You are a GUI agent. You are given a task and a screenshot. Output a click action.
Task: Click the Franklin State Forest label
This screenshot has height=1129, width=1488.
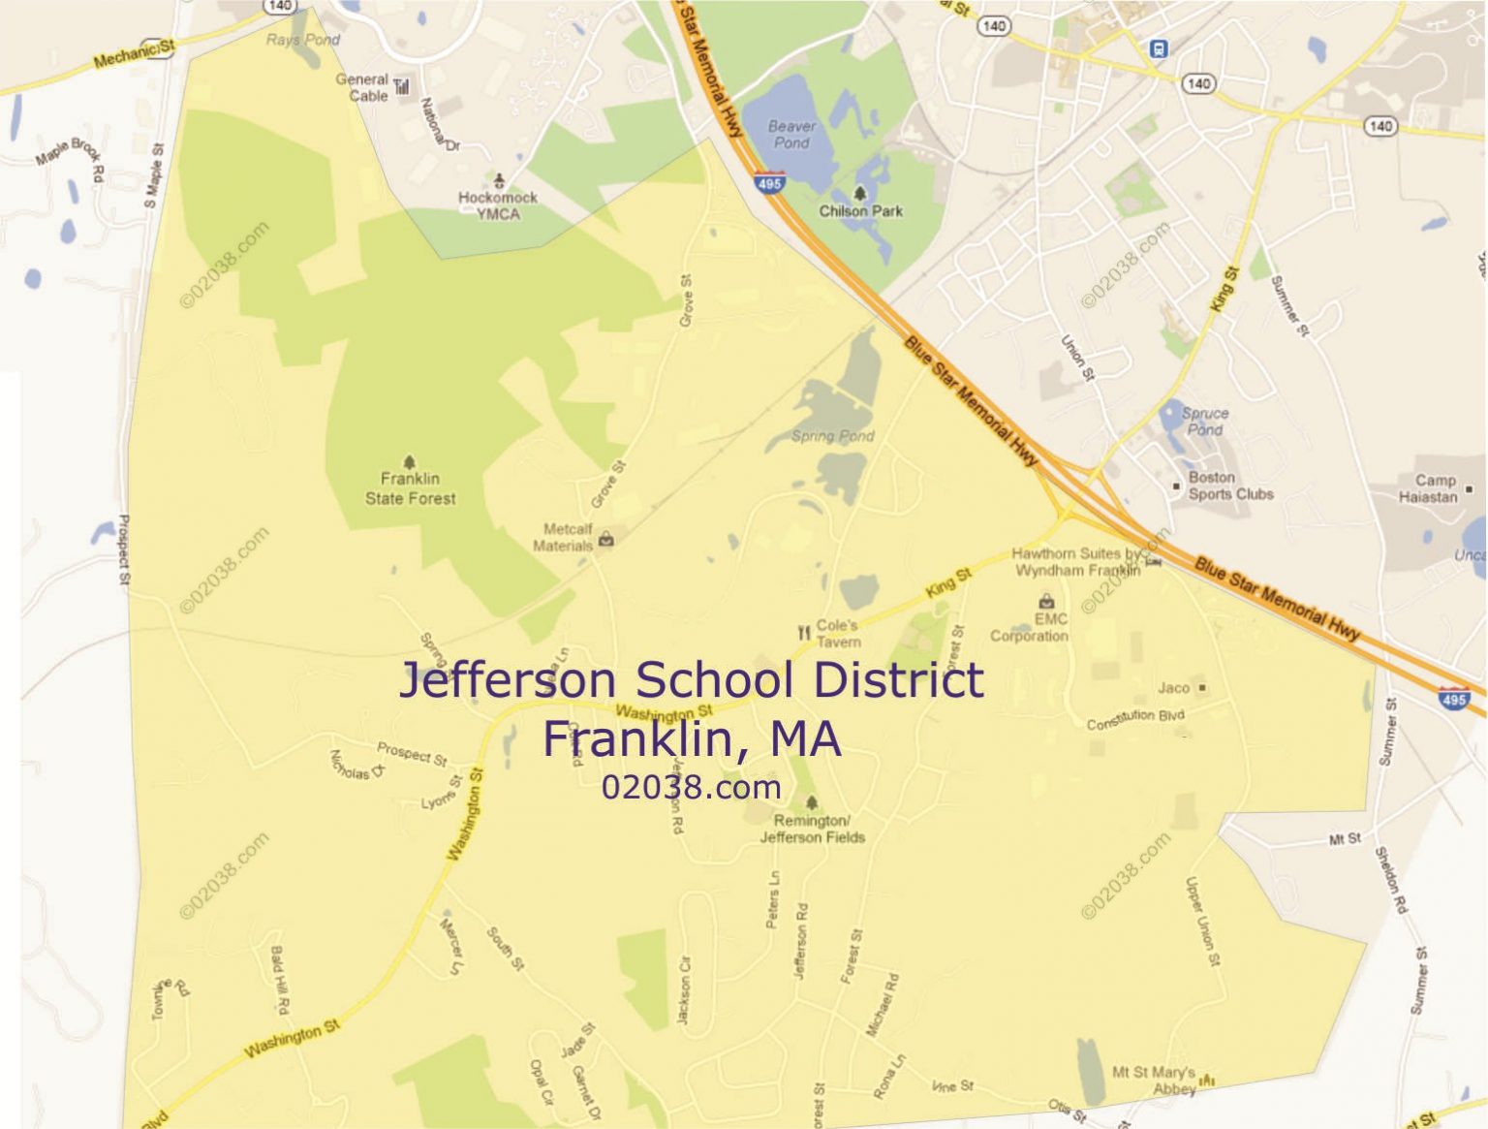(x=410, y=488)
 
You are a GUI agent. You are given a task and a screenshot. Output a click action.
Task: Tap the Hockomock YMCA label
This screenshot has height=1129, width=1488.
(x=498, y=205)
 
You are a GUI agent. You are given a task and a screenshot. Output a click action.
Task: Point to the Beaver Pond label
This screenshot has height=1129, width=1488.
(x=791, y=135)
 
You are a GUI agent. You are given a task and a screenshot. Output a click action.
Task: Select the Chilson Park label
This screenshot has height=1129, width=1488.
(x=860, y=210)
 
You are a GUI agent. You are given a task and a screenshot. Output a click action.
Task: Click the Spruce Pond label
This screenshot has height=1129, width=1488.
(x=1205, y=421)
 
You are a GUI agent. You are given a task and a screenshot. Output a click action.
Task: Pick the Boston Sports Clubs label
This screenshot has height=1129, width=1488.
(x=1230, y=486)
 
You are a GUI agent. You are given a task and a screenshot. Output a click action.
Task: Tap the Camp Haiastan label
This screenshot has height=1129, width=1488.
(x=1429, y=488)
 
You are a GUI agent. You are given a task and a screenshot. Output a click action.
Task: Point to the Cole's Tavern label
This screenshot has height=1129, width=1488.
(x=837, y=633)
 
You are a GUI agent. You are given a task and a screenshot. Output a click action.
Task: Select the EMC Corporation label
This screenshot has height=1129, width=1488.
(x=1031, y=628)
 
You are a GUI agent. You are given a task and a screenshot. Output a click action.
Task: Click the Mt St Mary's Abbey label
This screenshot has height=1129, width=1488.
(x=1154, y=1081)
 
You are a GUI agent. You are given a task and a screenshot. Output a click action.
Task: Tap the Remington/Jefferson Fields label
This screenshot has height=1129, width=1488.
(x=812, y=829)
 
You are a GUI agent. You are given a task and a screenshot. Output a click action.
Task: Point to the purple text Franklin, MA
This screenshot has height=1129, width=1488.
(x=691, y=738)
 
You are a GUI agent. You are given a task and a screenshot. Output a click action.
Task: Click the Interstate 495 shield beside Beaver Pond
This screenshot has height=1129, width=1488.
(x=769, y=182)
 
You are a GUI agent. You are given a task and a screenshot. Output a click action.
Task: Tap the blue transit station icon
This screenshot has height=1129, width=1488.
(x=1158, y=48)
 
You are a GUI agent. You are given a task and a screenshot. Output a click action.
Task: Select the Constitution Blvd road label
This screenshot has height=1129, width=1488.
(x=1134, y=719)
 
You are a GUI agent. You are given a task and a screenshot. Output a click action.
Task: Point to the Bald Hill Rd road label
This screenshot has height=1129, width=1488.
(x=279, y=980)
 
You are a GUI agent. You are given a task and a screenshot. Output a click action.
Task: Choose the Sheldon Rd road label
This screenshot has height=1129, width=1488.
(x=1390, y=880)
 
